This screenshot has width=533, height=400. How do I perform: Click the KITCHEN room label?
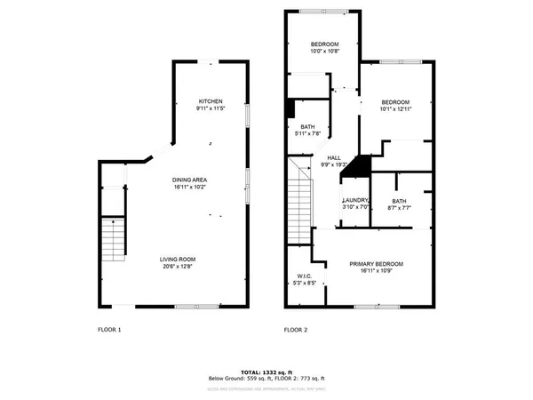click(210, 101)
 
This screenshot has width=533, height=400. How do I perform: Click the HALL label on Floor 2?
click(333, 158)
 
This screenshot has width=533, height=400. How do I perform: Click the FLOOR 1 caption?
click(109, 330)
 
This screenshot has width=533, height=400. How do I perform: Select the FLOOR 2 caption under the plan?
click(295, 330)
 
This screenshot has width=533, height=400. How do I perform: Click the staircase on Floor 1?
click(113, 237)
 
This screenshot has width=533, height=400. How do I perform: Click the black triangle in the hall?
click(357, 166)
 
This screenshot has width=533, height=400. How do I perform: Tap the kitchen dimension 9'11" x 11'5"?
click(210, 109)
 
